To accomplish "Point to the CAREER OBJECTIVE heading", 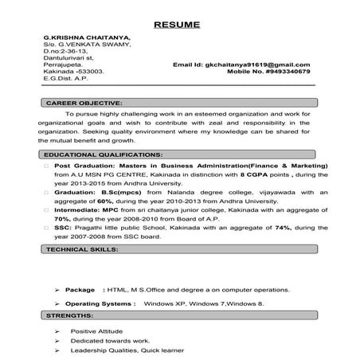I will point(84,104).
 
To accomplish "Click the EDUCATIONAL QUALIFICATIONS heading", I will point(104,153).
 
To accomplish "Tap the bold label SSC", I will point(64,227).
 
